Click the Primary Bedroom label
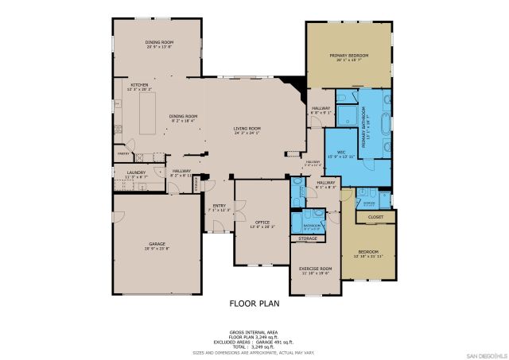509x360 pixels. tap(349, 56)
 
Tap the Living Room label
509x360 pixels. tap(247, 129)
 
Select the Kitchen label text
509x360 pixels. tap(139, 85)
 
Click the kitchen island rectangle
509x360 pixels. tap(148, 116)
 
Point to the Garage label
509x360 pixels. tap(157, 244)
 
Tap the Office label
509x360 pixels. tap(262, 222)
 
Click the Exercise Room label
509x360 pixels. tap(315, 269)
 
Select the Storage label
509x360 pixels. tap(308, 238)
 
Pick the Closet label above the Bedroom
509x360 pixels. tap(375, 216)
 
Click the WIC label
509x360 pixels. tap(340, 151)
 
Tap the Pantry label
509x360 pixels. tap(123, 153)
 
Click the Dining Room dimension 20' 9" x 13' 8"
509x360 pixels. tap(159, 47)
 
